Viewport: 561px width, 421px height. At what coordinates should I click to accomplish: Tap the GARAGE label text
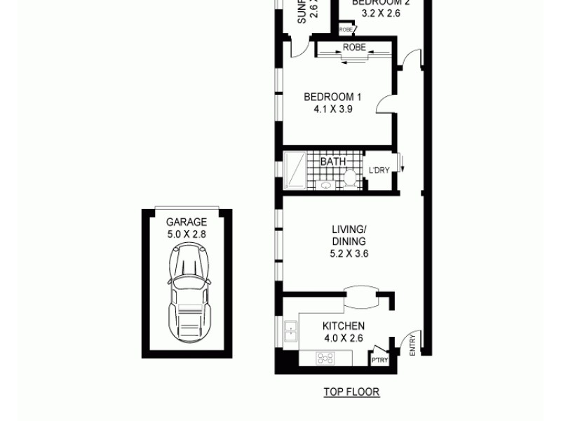(187, 222)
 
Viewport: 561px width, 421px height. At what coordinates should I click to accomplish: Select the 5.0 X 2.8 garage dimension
(187, 234)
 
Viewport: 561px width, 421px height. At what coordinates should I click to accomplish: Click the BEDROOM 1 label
(332, 97)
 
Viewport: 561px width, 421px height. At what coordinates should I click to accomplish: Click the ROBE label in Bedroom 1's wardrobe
(354, 48)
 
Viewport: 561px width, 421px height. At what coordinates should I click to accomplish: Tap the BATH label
(332, 161)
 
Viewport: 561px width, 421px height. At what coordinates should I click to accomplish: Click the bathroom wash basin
(326, 185)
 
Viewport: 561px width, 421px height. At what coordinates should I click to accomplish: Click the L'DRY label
(379, 171)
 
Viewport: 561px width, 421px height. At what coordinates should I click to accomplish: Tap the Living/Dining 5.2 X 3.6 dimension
(349, 253)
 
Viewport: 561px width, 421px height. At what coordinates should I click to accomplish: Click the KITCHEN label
(343, 326)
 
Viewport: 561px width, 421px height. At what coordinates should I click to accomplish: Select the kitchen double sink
(290, 331)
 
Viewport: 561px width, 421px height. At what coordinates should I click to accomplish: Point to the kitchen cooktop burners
(325, 359)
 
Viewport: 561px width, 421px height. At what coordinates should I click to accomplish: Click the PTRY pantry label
(379, 361)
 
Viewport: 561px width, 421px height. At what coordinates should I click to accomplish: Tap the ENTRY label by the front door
(412, 344)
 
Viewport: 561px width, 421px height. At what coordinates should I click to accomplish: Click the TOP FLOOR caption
(351, 392)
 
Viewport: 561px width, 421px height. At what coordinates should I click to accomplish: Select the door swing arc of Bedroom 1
(384, 105)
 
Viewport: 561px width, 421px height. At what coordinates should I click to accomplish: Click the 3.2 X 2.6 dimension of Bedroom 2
(381, 13)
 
